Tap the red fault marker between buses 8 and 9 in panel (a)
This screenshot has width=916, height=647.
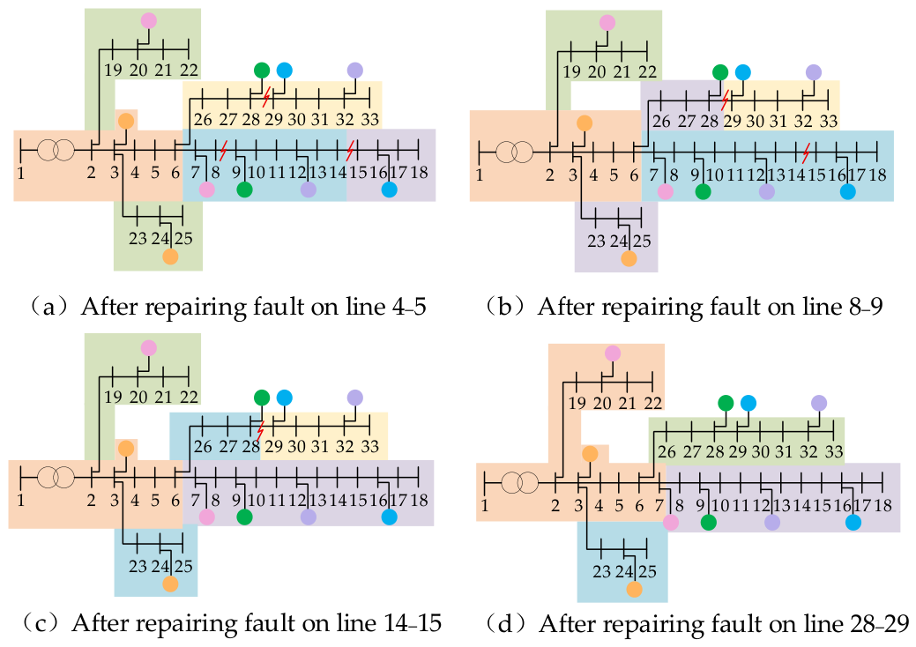pyautogui.click(x=222, y=150)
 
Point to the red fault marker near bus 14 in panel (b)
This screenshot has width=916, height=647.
pyautogui.click(x=806, y=153)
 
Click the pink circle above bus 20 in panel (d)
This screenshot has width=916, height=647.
pyautogui.click(x=612, y=353)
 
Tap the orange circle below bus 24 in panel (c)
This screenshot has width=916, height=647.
pyautogui.click(x=170, y=584)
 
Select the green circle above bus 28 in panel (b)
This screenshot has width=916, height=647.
pyautogui.click(x=720, y=72)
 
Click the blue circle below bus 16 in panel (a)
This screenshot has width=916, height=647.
pyautogui.click(x=389, y=190)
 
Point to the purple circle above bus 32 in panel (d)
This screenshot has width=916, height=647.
pyautogui.click(x=819, y=403)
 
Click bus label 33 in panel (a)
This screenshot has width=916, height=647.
pyautogui.click(x=369, y=119)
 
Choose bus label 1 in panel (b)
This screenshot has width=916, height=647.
pyautogui.click(x=480, y=175)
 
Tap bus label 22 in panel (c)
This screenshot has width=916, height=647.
pyautogui.click(x=189, y=397)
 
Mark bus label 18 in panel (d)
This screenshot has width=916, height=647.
pyautogui.click(x=882, y=505)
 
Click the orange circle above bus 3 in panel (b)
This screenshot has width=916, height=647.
pyautogui.click(x=585, y=123)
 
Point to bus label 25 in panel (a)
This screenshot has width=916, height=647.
pyautogui.click(x=183, y=238)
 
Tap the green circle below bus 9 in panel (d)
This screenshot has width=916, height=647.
pyautogui.click(x=708, y=522)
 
